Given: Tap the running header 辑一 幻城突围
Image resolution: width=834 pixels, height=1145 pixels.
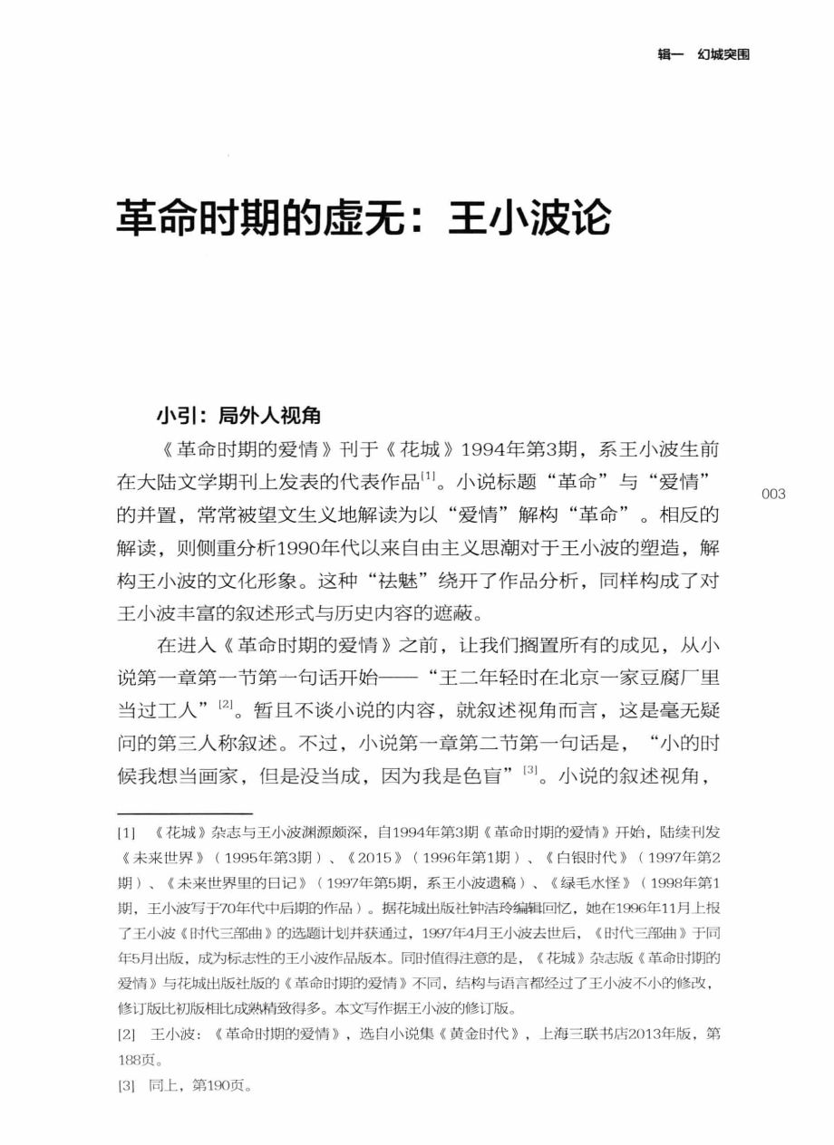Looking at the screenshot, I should pyautogui.click(x=703, y=55).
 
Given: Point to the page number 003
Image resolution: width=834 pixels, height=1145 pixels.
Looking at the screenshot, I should pyautogui.click(x=773, y=494).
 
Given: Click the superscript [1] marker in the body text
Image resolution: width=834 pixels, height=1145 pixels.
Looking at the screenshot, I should pyautogui.click(x=432, y=476).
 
